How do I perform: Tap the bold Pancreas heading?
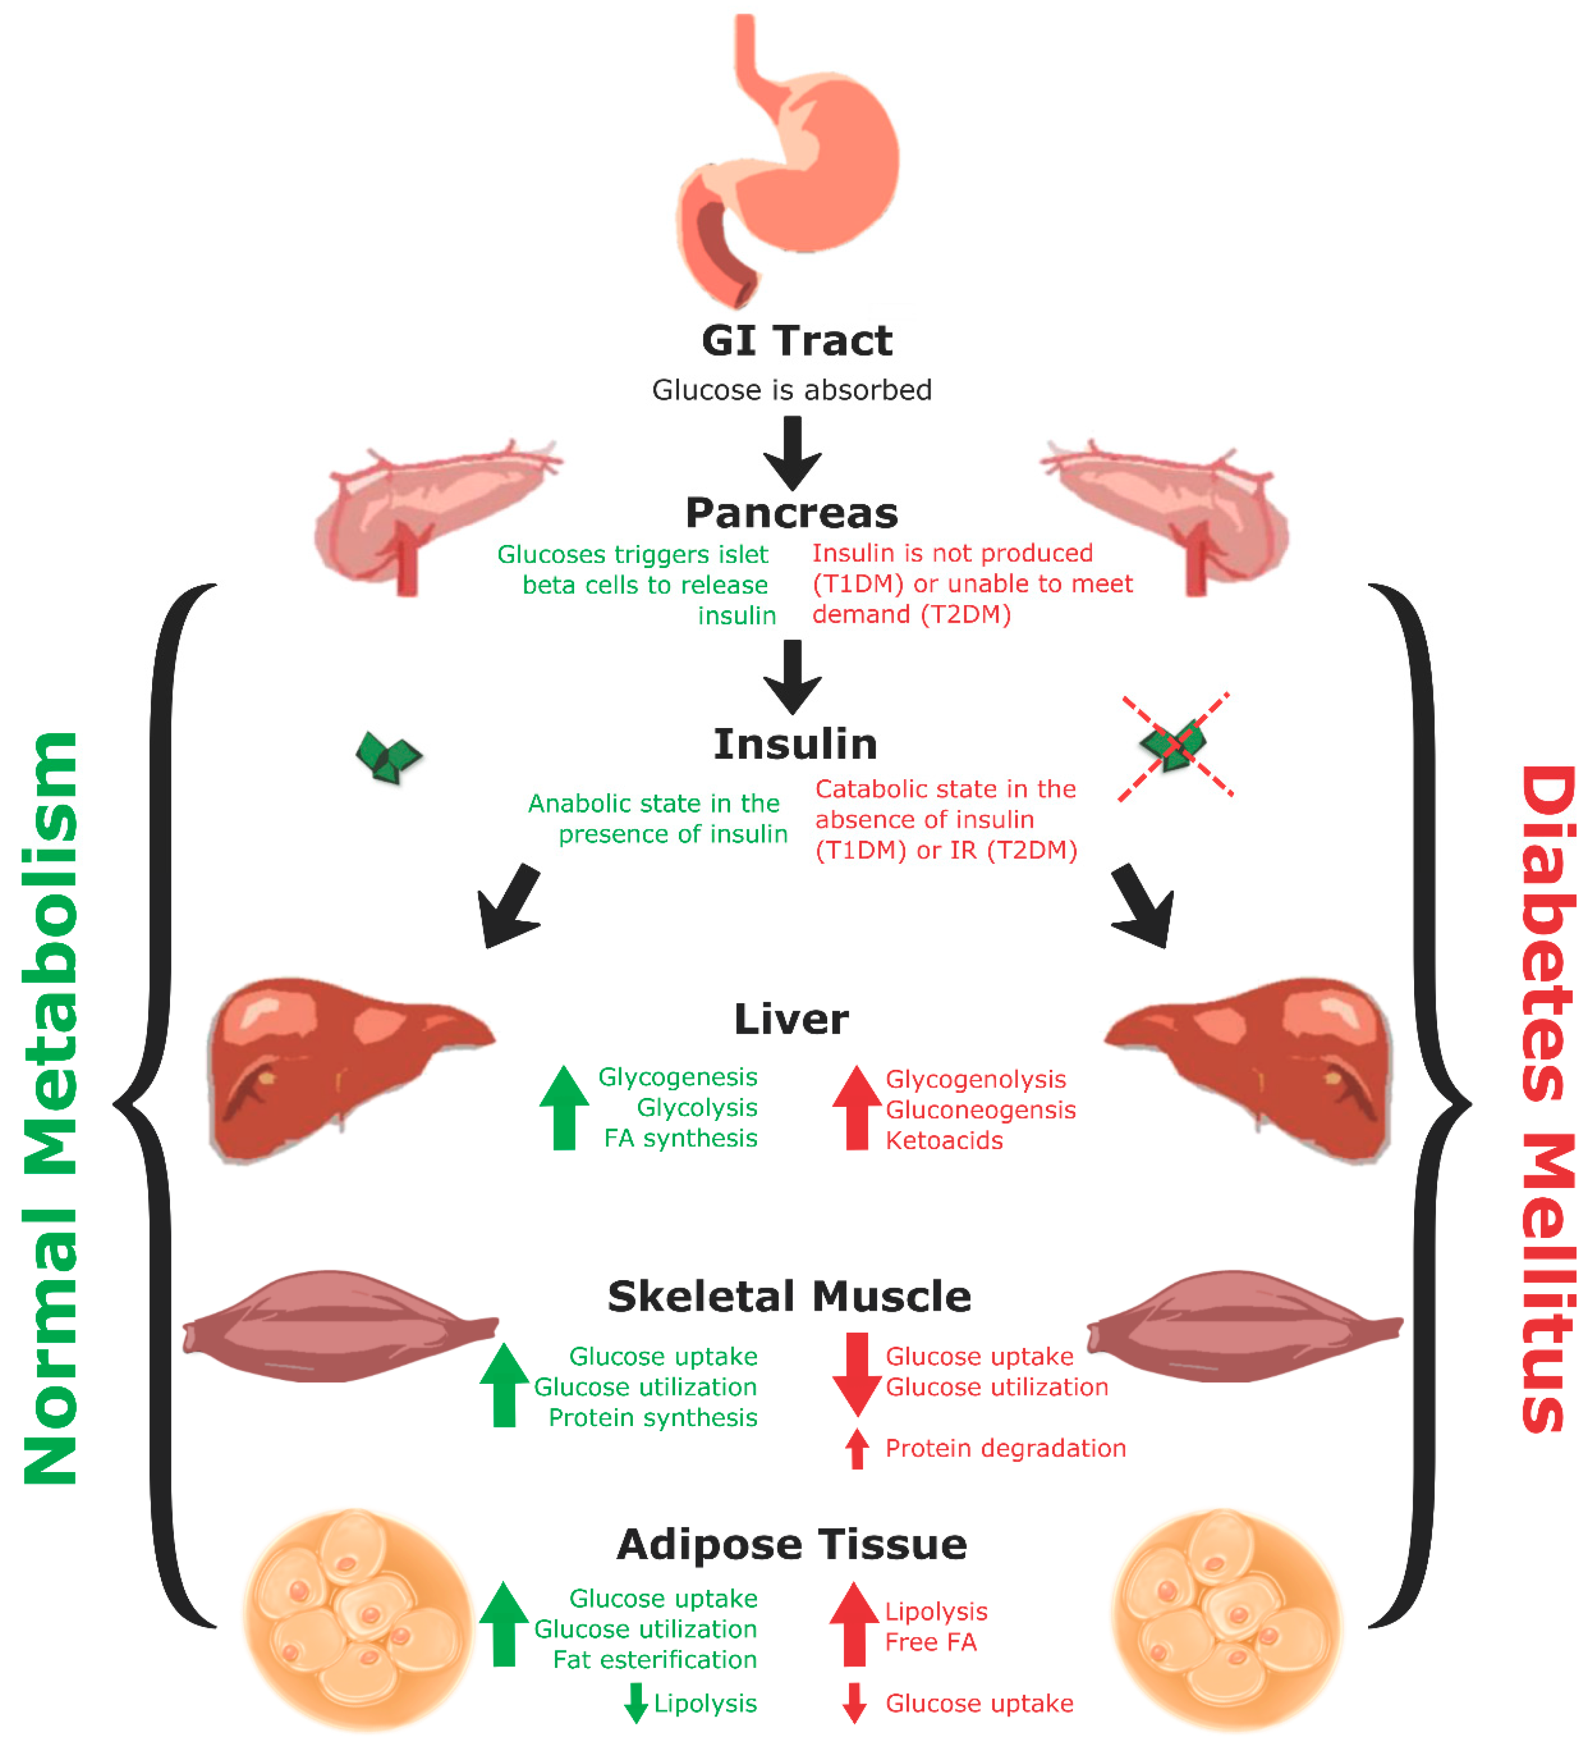[791, 513]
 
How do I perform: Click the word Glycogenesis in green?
[677, 1077]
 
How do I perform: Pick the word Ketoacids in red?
[944, 1141]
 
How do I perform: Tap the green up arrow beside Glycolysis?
[564, 1108]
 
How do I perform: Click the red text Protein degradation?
[1005, 1448]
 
